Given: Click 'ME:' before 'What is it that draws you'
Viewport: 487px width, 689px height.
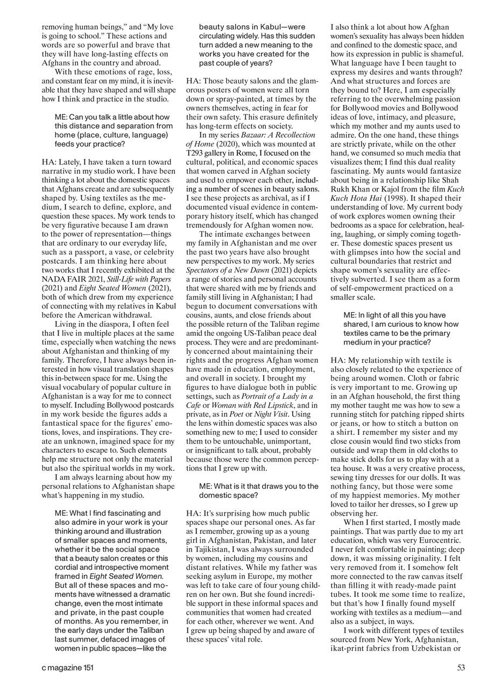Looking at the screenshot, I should click(x=207, y=486).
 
